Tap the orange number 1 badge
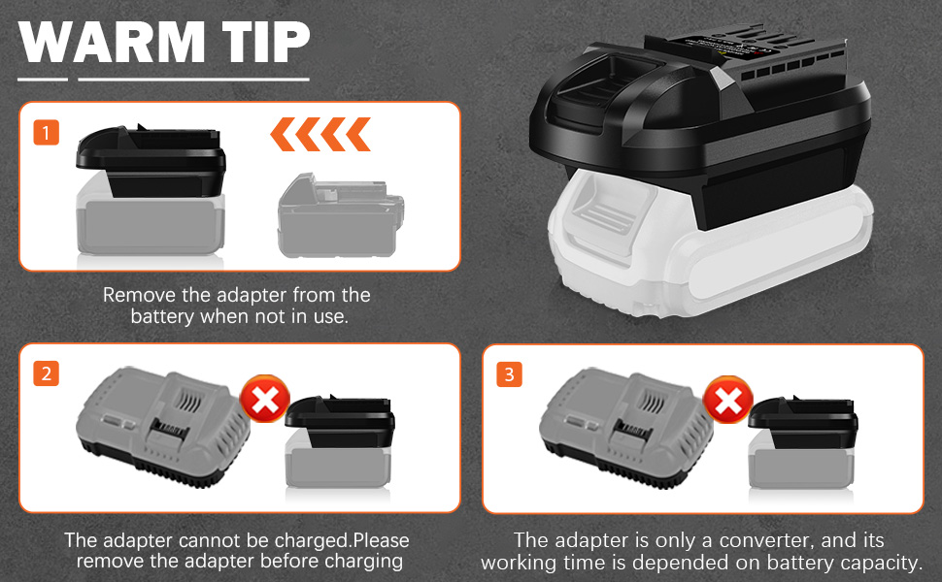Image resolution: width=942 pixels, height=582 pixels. point(47,133)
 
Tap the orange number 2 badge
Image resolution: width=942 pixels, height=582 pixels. point(47,373)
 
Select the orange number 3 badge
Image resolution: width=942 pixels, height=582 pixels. point(510,374)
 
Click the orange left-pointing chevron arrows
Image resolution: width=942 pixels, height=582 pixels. point(320,134)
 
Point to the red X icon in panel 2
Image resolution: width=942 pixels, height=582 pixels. point(265,399)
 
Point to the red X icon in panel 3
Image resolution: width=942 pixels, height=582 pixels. point(728,400)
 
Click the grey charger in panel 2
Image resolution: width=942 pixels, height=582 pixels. point(163,428)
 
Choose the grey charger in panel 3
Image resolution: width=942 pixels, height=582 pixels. point(626,428)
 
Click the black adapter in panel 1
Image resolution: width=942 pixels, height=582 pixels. point(151,161)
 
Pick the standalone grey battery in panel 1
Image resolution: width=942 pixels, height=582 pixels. point(341,216)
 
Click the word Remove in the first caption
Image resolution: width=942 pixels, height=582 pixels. point(140,295)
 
